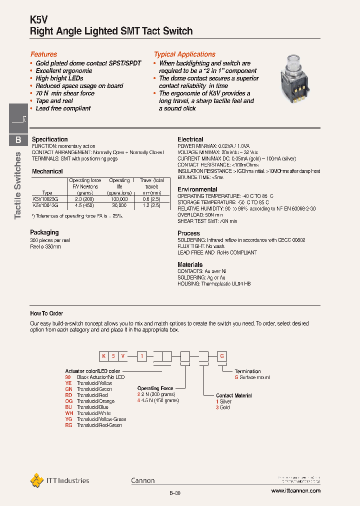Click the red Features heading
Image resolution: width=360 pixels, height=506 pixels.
click(44, 54)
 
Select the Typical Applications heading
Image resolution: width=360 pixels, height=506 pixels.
click(184, 54)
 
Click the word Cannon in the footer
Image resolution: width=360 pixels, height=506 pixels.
click(143, 480)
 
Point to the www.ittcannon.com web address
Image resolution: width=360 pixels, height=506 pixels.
click(296, 491)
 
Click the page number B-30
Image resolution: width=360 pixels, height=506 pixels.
click(174, 493)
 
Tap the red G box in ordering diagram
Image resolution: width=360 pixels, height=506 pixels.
click(221, 356)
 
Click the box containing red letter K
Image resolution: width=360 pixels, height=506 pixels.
click(104, 356)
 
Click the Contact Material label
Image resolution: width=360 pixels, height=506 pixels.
click(233, 395)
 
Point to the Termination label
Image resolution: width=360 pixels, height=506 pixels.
click(247, 371)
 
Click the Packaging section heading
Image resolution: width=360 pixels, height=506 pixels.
click(44, 232)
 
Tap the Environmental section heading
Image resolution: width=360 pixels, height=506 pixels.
click(197, 189)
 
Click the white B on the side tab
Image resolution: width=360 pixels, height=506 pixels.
click(18, 140)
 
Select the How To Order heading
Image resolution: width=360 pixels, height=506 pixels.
click(46, 313)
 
